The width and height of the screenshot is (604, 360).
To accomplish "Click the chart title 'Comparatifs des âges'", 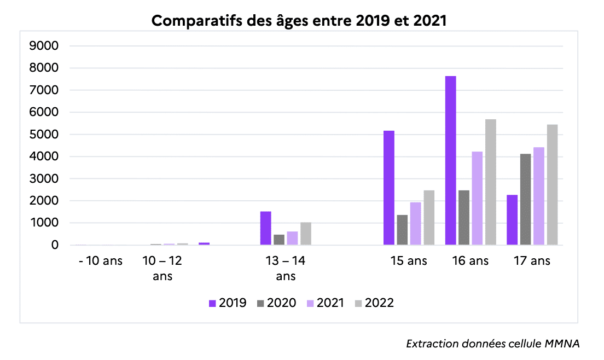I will pyautogui.click(x=299, y=21).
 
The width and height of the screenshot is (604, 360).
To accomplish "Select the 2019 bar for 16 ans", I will pyautogui.click(x=450, y=160).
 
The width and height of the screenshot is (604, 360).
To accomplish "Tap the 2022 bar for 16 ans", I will pyautogui.click(x=490, y=182).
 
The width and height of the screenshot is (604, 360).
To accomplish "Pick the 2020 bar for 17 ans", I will pyautogui.click(x=526, y=200).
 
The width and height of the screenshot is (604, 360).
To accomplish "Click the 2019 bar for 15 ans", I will pyautogui.click(x=389, y=188).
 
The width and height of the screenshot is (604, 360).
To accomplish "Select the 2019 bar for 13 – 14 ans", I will pyautogui.click(x=265, y=228).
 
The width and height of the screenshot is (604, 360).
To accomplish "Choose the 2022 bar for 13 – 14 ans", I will pyautogui.click(x=305, y=234).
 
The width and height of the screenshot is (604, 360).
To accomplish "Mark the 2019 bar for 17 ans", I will pyautogui.click(x=512, y=220).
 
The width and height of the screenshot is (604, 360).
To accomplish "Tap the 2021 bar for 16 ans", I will pyautogui.click(x=477, y=198).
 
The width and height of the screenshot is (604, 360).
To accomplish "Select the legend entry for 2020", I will pyautogui.click(x=276, y=303).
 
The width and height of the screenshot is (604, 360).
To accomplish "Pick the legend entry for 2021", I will pyautogui.click(x=324, y=303).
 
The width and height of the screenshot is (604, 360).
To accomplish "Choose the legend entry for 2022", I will pyautogui.click(x=374, y=303).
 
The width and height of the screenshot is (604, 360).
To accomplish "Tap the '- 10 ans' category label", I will pyautogui.click(x=101, y=261).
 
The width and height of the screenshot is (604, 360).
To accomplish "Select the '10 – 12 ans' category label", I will pyautogui.click(x=162, y=268).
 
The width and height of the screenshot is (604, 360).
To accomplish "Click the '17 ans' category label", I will pyautogui.click(x=532, y=261).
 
